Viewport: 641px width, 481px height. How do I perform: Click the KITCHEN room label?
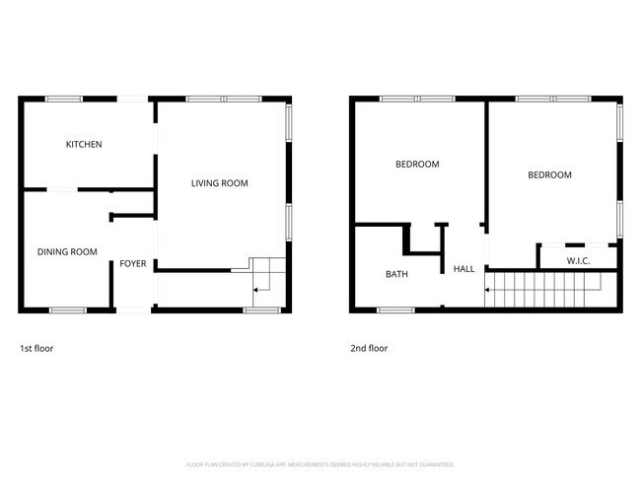pyautogui.click(x=84, y=145)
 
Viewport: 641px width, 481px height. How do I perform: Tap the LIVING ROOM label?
pyautogui.click(x=219, y=182)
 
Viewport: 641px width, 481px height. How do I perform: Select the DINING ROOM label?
pyautogui.click(x=67, y=252)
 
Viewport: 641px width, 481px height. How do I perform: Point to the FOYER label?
pyautogui.click(x=133, y=264)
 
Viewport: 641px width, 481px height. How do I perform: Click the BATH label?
pyautogui.click(x=396, y=274)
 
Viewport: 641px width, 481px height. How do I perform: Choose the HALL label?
pyautogui.click(x=463, y=268)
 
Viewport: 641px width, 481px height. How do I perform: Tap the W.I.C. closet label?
pyautogui.click(x=578, y=260)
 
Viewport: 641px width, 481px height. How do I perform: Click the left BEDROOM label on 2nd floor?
pyautogui.click(x=416, y=165)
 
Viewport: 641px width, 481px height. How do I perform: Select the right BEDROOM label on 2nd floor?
pyautogui.click(x=549, y=175)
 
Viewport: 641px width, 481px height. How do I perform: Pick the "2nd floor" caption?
pyautogui.click(x=369, y=348)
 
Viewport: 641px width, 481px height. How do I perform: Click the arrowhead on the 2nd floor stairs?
pyautogui.click(x=487, y=290)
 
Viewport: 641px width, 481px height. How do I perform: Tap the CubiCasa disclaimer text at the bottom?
pyautogui.click(x=320, y=463)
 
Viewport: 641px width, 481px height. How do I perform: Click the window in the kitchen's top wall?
pyautogui.click(x=64, y=98)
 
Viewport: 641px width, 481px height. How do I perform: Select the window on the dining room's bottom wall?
pyautogui.click(x=68, y=310)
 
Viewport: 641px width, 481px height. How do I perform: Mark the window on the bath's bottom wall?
pyautogui.click(x=396, y=310)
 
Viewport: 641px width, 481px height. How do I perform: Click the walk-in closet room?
pyautogui.click(x=578, y=254)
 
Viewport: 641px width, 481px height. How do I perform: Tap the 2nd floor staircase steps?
pyautogui.click(x=547, y=289)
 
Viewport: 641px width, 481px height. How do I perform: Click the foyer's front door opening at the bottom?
pyautogui.click(x=133, y=310)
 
